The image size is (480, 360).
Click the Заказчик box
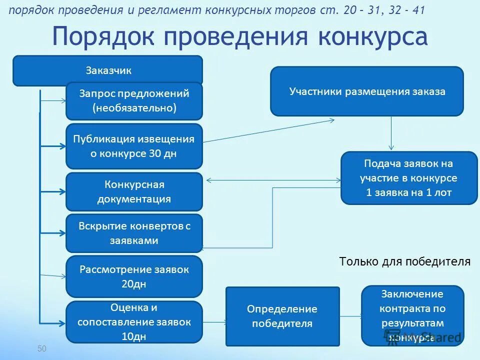[108, 70]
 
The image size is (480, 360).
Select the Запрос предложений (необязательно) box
[134, 100]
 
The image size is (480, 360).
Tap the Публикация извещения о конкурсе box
[134, 146]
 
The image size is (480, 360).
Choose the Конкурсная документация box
[134, 191]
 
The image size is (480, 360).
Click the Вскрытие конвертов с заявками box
[134, 233]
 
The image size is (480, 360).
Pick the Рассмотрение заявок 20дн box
[134, 276]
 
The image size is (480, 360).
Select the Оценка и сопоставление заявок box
[134, 322]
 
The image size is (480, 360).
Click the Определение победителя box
[282, 316]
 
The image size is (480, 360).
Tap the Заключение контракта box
[412, 315]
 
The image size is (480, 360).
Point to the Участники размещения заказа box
[367, 91]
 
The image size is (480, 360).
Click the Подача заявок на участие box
[409, 178]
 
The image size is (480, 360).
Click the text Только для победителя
[404, 261]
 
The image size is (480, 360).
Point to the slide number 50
[41, 348]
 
